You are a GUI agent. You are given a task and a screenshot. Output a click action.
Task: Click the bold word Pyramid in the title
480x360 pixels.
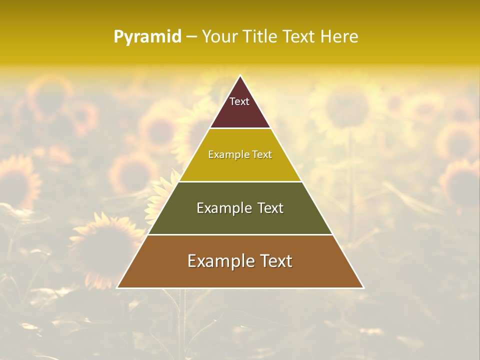147,37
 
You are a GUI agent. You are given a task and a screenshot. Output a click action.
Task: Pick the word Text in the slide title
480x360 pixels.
299,37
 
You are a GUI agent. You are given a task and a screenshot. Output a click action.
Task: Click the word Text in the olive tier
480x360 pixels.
270,208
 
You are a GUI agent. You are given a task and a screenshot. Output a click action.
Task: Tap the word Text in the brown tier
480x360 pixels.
277,261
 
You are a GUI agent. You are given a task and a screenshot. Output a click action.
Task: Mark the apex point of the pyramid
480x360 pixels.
240,76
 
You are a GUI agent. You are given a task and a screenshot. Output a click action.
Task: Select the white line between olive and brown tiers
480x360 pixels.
240,234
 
